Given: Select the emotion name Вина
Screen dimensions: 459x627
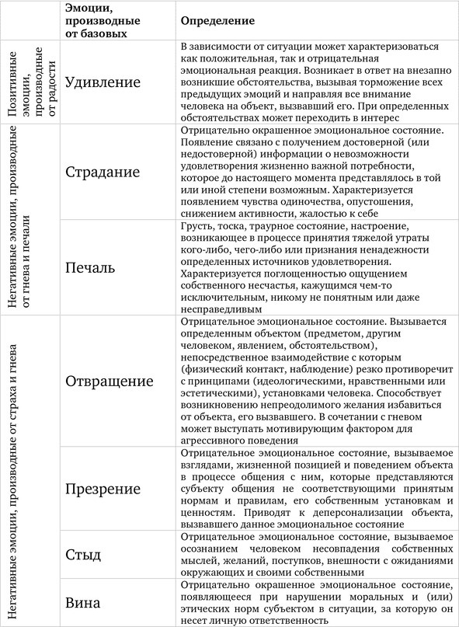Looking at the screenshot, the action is click(x=85, y=601).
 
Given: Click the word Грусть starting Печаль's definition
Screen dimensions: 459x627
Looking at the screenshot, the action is click(x=196, y=225).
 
